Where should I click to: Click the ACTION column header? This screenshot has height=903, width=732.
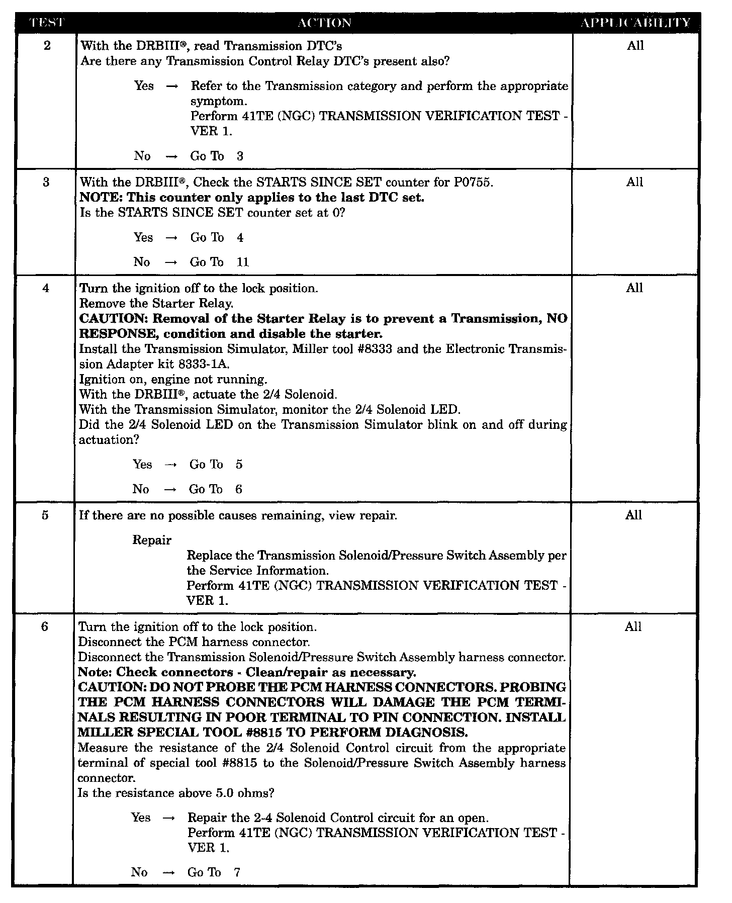324,23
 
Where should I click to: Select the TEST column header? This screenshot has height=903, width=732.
47,23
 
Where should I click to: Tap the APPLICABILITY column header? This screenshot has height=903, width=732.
635,23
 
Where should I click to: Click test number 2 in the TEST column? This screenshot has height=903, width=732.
47,46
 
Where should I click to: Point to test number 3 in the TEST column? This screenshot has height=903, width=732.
46,182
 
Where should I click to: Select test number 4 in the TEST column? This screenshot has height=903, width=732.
46,288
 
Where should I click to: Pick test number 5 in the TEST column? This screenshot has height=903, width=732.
45,515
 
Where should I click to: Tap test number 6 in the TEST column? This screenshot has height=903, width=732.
45,627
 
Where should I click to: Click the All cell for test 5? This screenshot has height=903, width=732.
634,515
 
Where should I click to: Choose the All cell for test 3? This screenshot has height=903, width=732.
634,182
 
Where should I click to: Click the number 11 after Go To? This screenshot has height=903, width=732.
243,262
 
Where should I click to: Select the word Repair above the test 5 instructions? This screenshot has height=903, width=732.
152,540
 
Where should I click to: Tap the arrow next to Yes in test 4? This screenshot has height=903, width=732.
171,465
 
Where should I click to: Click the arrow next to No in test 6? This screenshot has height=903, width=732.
169,872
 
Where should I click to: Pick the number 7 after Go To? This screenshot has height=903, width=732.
237,872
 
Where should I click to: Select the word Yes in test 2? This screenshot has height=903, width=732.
144,86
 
